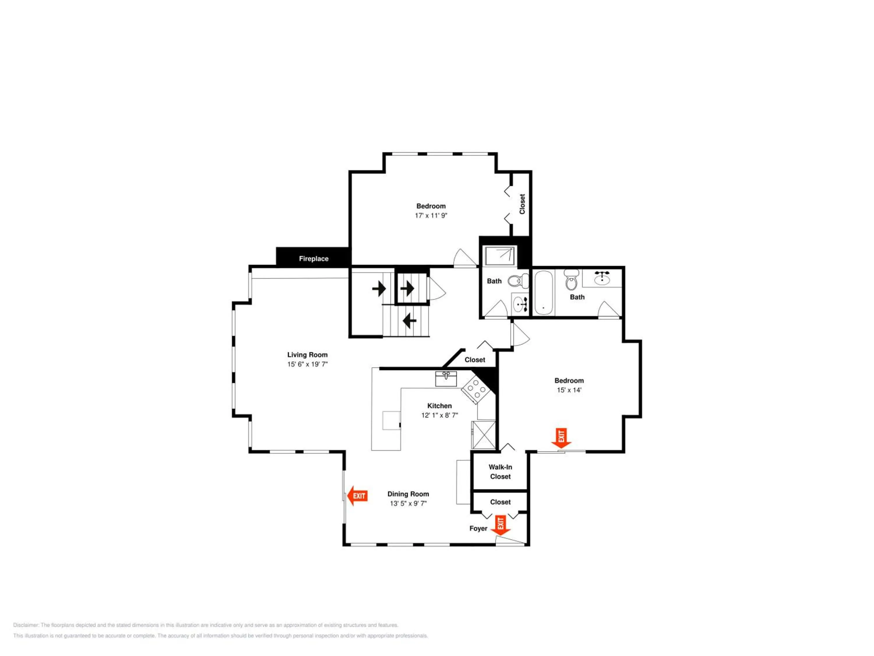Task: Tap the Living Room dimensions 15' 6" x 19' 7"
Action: pyautogui.click(x=307, y=364)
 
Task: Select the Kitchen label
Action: pyautogui.click(x=439, y=406)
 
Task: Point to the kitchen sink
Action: pyautogui.click(x=446, y=379)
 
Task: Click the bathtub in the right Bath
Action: pyautogui.click(x=543, y=293)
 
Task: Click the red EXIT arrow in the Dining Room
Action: pyautogui.click(x=357, y=496)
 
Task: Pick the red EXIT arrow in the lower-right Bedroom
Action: pyautogui.click(x=561, y=438)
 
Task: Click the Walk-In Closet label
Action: pyautogui.click(x=500, y=472)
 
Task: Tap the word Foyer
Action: pyautogui.click(x=478, y=528)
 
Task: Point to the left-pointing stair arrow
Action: pyautogui.click(x=409, y=320)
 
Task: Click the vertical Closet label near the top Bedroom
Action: pyautogui.click(x=522, y=204)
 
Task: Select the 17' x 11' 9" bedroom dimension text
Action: pyautogui.click(x=431, y=215)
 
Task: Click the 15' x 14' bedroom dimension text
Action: pyautogui.click(x=569, y=390)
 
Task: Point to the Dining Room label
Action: pyautogui.click(x=408, y=494)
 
